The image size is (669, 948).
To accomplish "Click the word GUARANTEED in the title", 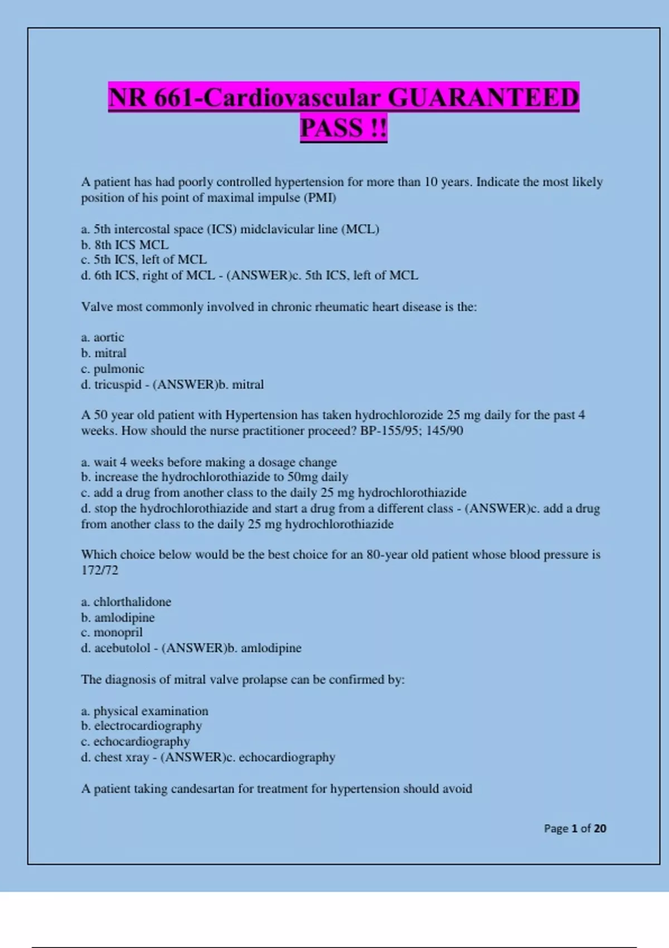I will click(483, 98).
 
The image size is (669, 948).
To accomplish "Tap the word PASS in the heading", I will click(331, 128).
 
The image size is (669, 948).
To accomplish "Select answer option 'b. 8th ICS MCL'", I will click(124, 244).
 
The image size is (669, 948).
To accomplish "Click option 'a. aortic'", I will click(103, 337).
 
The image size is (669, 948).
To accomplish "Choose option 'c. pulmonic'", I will click(113, 369).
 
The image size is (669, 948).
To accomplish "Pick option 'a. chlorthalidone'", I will click(126, 602).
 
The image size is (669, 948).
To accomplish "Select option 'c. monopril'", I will click(111, 632).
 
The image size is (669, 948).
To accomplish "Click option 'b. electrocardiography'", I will click(141, 725).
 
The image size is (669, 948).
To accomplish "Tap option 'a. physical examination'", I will click(144, 711).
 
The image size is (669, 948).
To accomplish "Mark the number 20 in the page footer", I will click(600, 828).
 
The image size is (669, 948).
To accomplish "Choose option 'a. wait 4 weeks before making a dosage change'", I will click(209, 462).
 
